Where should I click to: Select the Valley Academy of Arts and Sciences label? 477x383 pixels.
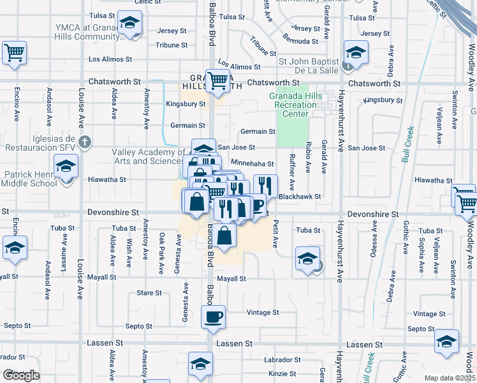pos(149,156)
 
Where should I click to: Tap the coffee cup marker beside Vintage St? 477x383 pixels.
pos(214,316)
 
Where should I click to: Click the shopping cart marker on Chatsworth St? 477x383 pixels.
pos(218,81)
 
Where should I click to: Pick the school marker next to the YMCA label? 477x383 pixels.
pos(129,25)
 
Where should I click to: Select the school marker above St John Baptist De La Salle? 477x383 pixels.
pos(355,52)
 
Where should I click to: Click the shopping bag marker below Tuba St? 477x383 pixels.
pos(224,236)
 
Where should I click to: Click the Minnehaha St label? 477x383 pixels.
pos(253,164)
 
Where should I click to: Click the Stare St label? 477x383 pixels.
pos(149,293)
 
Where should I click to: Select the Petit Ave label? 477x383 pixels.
pos(276,234)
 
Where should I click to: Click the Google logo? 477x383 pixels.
pos(21,375)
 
